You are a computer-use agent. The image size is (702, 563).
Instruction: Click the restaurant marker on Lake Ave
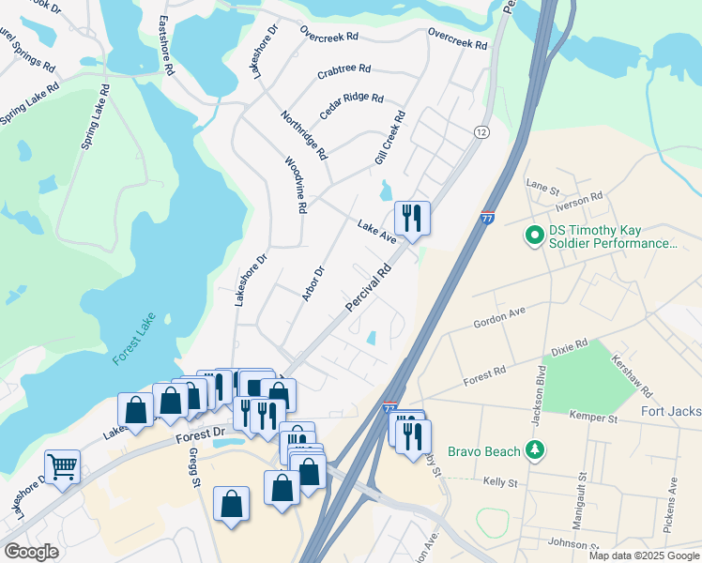(412, 219)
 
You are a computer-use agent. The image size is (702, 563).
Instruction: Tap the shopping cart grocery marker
(62, 466)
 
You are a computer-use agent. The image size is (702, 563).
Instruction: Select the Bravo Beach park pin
(535, 451)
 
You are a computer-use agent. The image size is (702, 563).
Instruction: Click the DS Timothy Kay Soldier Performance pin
(535, 236)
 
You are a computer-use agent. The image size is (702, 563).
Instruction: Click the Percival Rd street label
(368, 289)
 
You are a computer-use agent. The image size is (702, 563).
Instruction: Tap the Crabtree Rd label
(343, 69)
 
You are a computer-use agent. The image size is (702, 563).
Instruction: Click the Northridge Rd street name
(304, 134)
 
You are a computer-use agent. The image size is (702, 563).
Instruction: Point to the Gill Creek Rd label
(389, 139)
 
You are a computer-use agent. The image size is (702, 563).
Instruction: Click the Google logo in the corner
(30, 552)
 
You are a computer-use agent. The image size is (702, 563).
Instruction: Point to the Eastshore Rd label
(166, 45)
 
